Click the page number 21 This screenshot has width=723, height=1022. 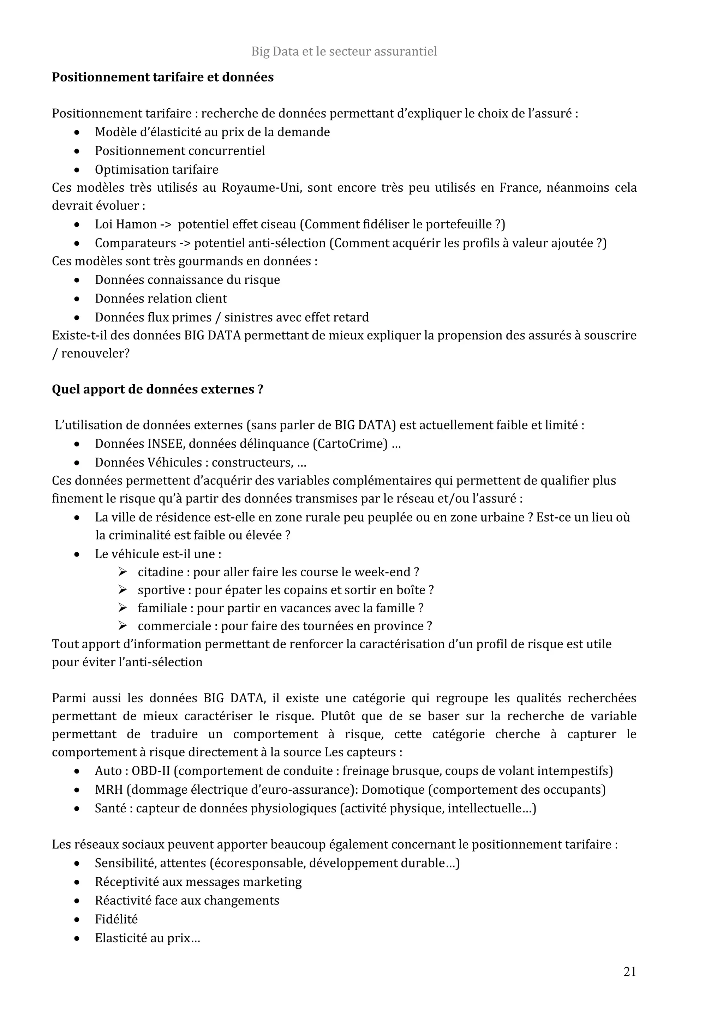coord(629,972)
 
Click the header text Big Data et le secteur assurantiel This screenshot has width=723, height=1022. coord(344,52)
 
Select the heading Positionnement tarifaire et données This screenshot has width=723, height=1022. coord(162,77)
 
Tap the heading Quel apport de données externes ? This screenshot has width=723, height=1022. coord(157,390)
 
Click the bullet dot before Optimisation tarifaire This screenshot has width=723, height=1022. coord(77,170)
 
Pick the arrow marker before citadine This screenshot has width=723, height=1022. coord(123,572)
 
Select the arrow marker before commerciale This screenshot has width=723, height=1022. coord(123,626)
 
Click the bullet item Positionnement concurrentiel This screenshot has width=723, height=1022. coord(179,151)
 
